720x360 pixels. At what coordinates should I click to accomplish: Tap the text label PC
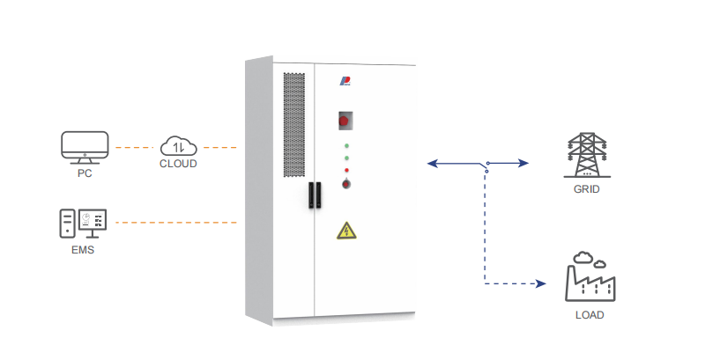click(x=85, y=173)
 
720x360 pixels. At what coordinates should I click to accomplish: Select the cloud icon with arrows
click(x=178, y=145)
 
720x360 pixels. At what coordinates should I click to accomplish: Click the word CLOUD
click(x=178, y=164)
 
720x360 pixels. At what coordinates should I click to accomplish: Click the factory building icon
click(x=589, y=277)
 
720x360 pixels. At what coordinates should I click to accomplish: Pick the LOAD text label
click(x=589, y=314)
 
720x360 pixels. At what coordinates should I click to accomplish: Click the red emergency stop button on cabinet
click(x=345, y=119)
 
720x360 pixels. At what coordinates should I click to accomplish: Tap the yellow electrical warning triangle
click(x=345, y=231)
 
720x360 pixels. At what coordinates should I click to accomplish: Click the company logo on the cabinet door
click(x=345, y=81)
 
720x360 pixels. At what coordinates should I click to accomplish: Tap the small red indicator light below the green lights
click(x=346, y=169)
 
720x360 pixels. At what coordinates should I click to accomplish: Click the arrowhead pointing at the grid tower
click(x=524, y=163)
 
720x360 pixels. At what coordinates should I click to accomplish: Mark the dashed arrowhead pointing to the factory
click(x=542, y=283)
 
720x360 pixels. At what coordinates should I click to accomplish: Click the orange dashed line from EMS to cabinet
click(x=176, y=223)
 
